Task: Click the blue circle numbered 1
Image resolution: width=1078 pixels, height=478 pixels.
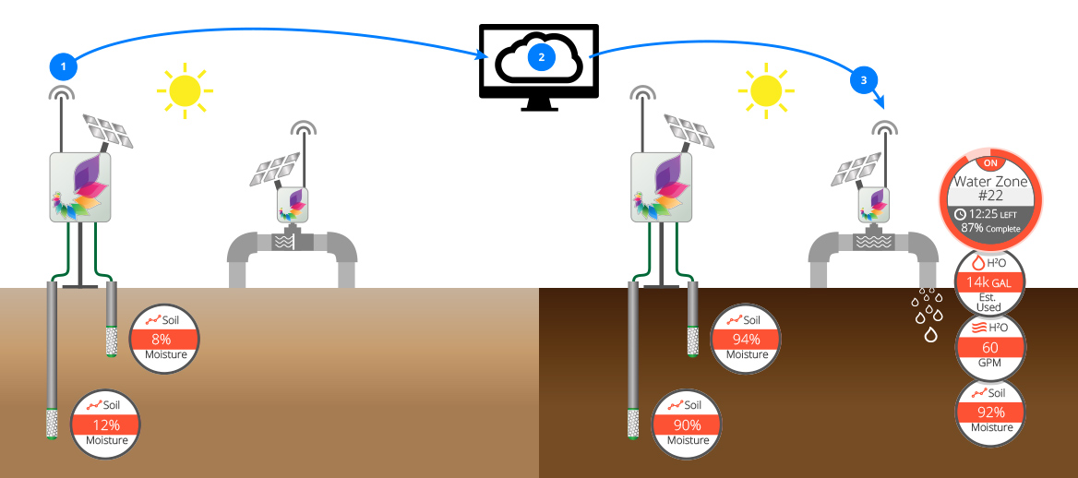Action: coord(63,67)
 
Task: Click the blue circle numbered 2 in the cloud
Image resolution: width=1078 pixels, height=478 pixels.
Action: coord(541,57)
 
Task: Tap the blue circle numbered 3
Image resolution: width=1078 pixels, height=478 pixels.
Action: coord(863,81)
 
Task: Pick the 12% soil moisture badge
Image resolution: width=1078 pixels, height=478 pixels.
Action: coord(106,424)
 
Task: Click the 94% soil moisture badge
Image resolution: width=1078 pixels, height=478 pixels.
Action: coord(747,339)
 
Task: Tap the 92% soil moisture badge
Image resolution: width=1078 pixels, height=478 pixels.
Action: coord(989,412)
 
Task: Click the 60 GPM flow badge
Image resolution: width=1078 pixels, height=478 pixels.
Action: coord(989,347)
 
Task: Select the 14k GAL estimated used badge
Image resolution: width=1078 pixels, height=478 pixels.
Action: coord(989,282)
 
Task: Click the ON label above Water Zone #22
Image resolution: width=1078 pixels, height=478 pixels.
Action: coord(989,163)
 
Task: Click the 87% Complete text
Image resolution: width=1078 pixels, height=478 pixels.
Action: coord(990,228)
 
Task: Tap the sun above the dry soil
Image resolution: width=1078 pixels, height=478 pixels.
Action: coord(184,90)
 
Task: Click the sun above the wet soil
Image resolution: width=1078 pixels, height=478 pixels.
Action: coord(765,90)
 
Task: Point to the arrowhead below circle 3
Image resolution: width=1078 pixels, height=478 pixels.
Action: coord(878,103)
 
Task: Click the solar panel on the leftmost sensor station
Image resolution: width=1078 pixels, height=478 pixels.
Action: coord(107,130)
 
